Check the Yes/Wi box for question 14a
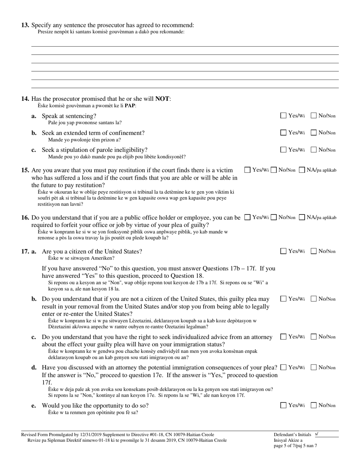283,116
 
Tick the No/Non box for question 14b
314,133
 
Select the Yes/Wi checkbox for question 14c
283,150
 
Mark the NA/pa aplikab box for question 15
302,170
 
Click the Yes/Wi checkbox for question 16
247,217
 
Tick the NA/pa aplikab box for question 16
302,217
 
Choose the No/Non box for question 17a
314,251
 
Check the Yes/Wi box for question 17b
283,299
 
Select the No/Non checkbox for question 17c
314,336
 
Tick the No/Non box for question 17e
314,405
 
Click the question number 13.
25,25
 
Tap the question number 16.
25,218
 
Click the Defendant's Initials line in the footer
326,435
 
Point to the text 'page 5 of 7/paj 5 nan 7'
295,446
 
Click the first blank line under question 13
185,46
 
